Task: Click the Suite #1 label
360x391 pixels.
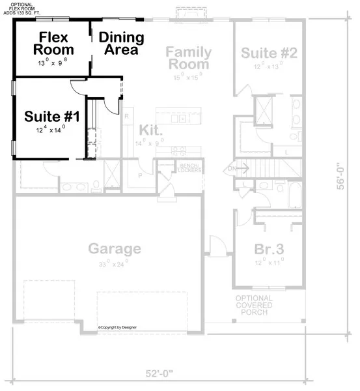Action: click(x=52, y=117)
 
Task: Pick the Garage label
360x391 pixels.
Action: click(x=115, y=248)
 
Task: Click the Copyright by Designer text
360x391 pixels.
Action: click(x=122, y=327)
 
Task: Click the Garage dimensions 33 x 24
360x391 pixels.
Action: click(x=115, y=265)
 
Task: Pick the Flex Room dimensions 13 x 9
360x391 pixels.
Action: click(x=53, y=63)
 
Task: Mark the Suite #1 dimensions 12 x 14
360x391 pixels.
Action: click(x=51, y=130)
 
